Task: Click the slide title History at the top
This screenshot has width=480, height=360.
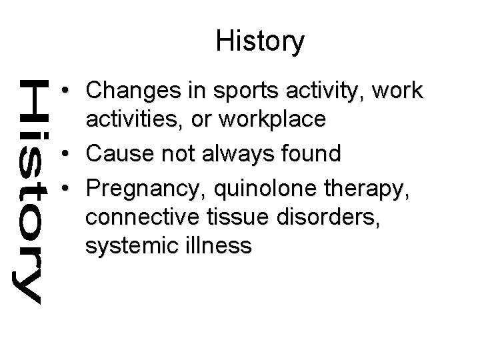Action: click(260, 41)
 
